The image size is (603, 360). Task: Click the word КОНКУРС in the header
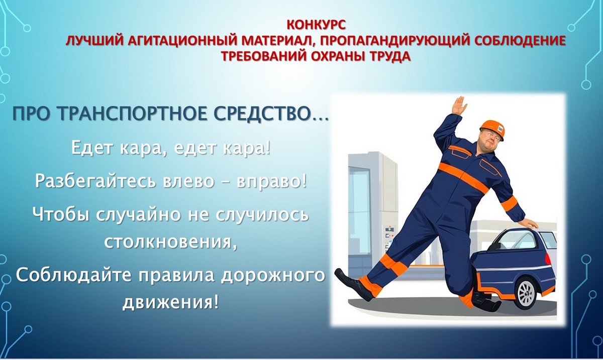coord(315,24)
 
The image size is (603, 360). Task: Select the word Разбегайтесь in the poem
coord(95,181)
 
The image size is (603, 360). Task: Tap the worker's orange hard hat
coord(491,128)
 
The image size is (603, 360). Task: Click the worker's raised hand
coord(458,105)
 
